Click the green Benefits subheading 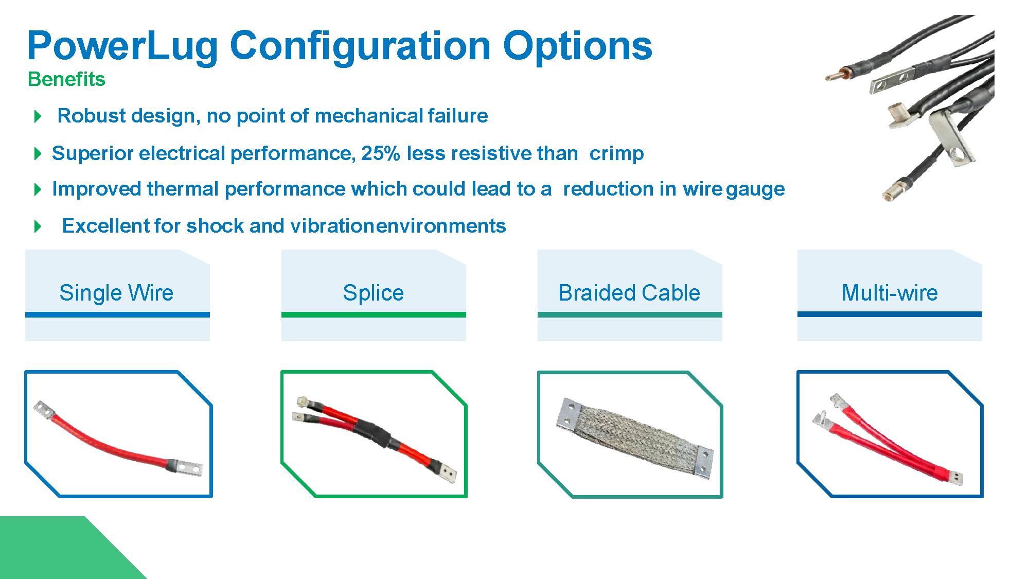click(66, 79)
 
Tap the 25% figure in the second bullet click(381, 153)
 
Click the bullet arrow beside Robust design click(38, 116)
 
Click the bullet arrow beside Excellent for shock click(38, 226)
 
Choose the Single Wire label click(116, 293)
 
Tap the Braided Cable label click(629, 293)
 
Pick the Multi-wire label click(890, 293)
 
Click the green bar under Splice click(374, 314)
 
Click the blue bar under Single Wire click(117, 314)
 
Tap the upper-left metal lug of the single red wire click(44, 410)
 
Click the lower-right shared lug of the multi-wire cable click(955, 479)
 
